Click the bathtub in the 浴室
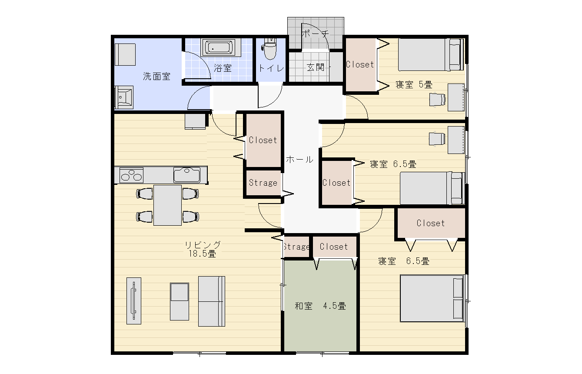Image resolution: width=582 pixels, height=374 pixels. (x=219, y=47)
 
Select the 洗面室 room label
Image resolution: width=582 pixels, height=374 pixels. (x=156, y=77)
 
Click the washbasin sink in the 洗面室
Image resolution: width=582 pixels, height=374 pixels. (x=124, y=97)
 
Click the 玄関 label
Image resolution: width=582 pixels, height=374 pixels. (x=316, y=67)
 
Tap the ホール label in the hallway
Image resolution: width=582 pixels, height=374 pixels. (x=299, y=160)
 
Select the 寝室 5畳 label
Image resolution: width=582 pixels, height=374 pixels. (x=414, y=84)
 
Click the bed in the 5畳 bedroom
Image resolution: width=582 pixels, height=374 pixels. (x=431, y=55)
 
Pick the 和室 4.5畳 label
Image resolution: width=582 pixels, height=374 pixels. (x=320, y=306)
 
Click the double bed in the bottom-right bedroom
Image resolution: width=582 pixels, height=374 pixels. (x=432, y=298)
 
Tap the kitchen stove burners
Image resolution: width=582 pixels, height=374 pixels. (x=131, y=175)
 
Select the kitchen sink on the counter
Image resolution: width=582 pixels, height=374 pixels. (x=187, y=175)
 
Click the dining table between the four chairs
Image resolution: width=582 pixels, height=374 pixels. (x=168, y=205)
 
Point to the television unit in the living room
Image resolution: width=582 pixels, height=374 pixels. (x=134, y=301)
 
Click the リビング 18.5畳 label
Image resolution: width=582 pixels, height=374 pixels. (x=203, y=249)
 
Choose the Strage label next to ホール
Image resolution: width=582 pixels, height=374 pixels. (x=263, y=183)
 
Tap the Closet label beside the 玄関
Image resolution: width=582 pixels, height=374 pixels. (x=360, y=64)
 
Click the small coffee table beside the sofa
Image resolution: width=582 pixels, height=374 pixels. (x=180, y=301)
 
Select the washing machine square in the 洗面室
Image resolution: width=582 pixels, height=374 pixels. (x=125, y=55)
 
